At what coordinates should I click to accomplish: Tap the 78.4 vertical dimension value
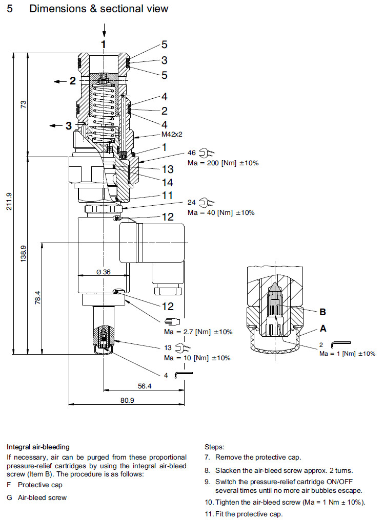click(37, 298)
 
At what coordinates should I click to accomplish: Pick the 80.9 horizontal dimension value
click(128, 401)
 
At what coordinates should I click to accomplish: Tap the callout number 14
click(168, 182)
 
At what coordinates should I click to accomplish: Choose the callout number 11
click(168, 195)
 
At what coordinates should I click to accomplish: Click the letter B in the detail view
click(322, 312)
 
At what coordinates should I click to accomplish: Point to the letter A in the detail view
click(323, 328)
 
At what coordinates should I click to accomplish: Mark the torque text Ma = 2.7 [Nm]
click(198, 332)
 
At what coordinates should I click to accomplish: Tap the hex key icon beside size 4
click(184, 375)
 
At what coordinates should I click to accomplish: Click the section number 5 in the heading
click(10, 9)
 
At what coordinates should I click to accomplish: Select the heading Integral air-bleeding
click(38, 447)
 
